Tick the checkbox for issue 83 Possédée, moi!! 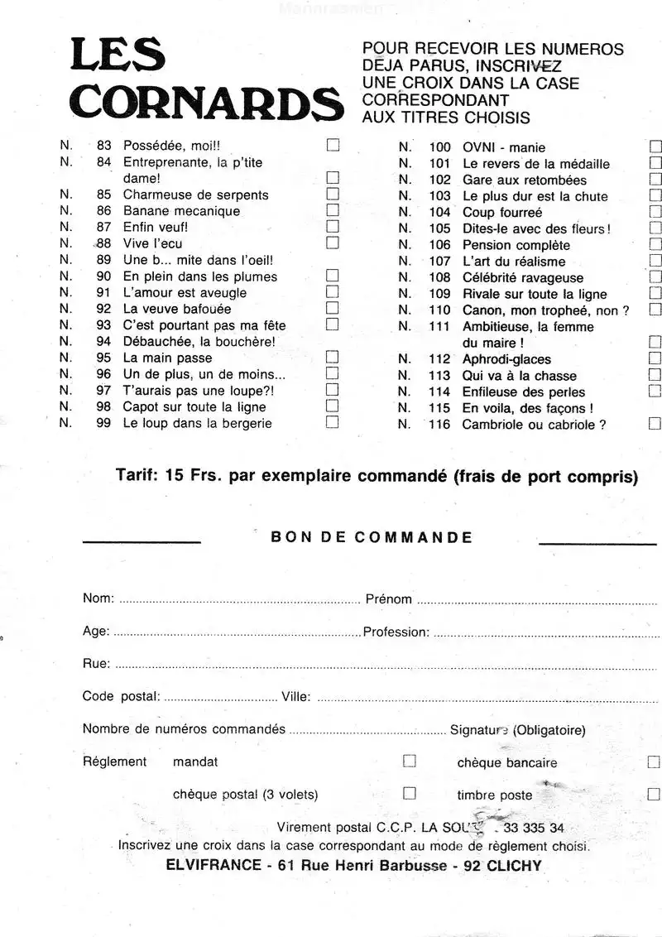click(x=333, y=145)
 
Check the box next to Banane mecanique click(x=333, y=210)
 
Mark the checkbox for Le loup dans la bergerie click(x=333, y=422)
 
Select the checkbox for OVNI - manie click(x=655, y=147)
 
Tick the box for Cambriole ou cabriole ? click(x=655, y=424)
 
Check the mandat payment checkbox click(x=409, y=761)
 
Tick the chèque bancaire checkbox click(x=654, y=762)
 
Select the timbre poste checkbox click(x=654, y=794)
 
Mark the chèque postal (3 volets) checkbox click(x=409, y=793)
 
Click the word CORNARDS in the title click(x=207, y=105)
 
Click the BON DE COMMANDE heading click(x=372, y=537)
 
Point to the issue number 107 click(x=439, y=262)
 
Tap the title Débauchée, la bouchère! click(x=199, y=341)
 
